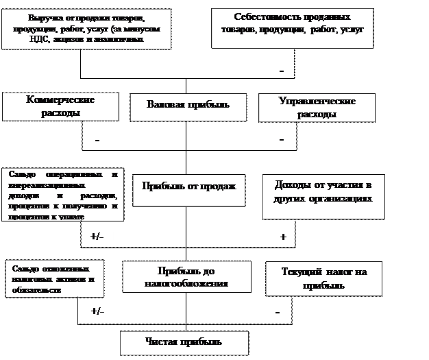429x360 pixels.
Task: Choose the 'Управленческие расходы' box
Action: (317, 108)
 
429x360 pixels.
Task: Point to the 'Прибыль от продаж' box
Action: (188, 186)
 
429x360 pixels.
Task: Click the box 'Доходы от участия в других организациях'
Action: (323, 193)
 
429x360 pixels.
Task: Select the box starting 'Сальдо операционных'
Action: (64, 194)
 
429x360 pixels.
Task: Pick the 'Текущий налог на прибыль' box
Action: (324, 278)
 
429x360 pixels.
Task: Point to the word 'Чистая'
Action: (162, 341)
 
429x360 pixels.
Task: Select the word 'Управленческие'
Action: (317, 101)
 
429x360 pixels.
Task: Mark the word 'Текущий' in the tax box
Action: (299, 272)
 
